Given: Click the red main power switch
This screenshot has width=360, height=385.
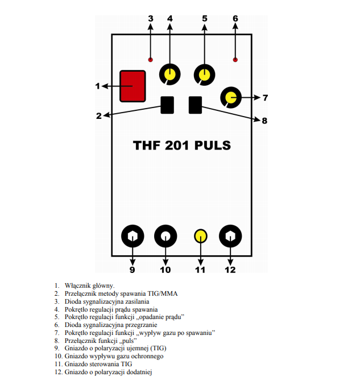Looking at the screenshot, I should [x=133, y=86].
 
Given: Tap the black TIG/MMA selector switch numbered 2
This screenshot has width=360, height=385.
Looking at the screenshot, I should [x=167, y=105].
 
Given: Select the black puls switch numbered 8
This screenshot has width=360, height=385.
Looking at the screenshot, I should [x=196, y=105].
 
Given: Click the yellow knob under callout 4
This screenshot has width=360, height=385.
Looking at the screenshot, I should [x=169, y=74].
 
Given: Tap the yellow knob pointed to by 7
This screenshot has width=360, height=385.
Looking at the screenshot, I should [x=231, y=98].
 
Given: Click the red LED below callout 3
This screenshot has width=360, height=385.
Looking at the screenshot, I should [x=150, y=60].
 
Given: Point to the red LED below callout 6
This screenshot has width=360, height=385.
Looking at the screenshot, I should [x=235, y=60].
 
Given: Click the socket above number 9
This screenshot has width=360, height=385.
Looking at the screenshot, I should [x=133, y=235].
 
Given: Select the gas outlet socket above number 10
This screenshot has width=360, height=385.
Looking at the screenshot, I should [x=165, y=235].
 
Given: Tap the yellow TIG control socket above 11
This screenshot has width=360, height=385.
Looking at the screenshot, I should [x=200, y=235].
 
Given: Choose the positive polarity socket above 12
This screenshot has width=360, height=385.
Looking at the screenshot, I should [x=231, y=235].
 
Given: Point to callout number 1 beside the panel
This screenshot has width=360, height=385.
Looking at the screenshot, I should [x=97, y=86].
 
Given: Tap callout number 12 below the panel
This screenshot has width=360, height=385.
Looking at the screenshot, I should [x=230, y=270].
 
